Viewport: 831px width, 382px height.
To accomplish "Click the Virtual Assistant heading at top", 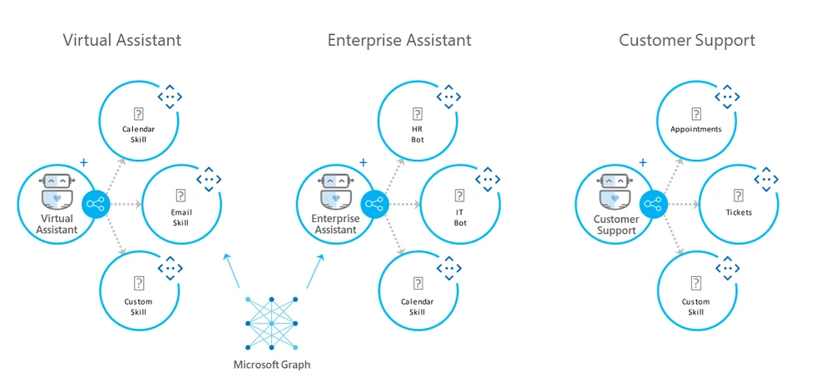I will pyautogui.click(x=121, y=40).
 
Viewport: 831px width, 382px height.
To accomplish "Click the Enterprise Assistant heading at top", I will pyautogui.click(x=399, y=40).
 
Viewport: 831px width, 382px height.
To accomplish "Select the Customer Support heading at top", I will pyautogui.click(x=687, y=40).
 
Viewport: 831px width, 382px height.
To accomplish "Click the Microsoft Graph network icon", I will pyautogui.click(x=271, y=323).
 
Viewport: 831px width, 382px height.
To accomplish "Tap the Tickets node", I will pyautogui.click(x=738, y=204).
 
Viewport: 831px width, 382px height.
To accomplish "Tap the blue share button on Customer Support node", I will pyautogui.click(x=653, y=204).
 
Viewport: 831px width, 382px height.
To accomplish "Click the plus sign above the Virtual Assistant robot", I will pyautogui.click(x=83, y=163).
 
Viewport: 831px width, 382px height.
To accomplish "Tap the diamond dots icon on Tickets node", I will pyautogui.click(x=766, y=179).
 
